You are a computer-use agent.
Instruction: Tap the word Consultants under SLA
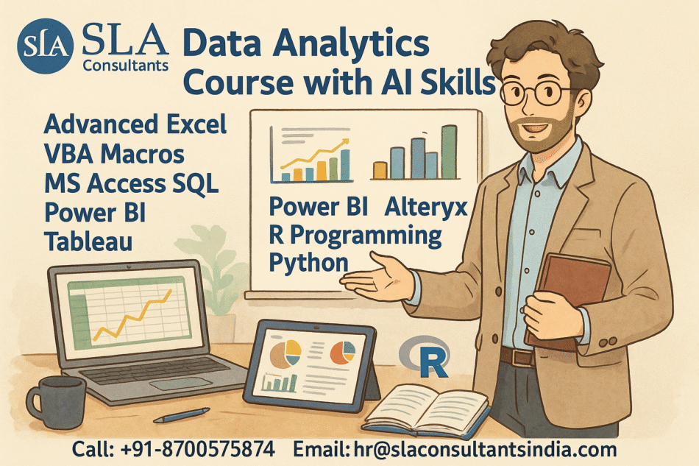tap(126, 66)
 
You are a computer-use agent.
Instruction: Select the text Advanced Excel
tap(135, 124)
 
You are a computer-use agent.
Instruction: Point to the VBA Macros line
tap(114, 154)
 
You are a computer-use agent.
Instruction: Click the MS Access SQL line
tap(131, 183)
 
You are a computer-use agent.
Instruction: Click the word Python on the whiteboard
tap(309, 262)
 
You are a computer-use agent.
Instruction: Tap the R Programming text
tap(355, 236)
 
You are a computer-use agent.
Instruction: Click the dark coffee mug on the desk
tap(56, 402)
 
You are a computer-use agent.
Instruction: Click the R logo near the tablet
tap(427, 358)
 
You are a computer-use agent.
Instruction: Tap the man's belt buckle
tap(525, 357)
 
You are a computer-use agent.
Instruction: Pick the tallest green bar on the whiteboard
tap(449, 152)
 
